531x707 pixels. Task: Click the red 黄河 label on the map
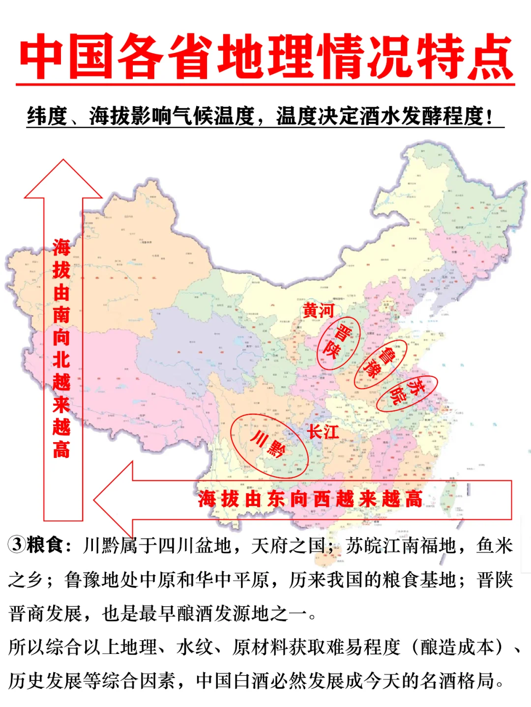point(318,311)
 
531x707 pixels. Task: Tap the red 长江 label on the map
point(323,432)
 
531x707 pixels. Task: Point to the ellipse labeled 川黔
point(269,445)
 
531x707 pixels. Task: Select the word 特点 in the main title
point(465,57)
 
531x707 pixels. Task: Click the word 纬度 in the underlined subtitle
point(47,116)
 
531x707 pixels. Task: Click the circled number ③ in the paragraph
point(17,544)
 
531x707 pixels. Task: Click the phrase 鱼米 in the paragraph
point(495,545)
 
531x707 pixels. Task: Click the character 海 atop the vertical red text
point(61,248)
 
